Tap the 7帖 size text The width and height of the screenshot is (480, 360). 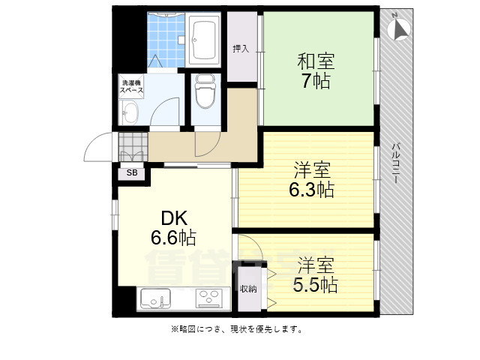(316, 81)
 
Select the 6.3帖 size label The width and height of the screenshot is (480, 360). (311, 190)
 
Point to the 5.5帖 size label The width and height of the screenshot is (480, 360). (315, 285)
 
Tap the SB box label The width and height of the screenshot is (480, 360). (132, 173)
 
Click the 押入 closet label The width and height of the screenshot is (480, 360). (241, 49)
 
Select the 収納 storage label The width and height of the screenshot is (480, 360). (248, 289)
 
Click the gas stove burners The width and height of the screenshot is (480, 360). (207, 299)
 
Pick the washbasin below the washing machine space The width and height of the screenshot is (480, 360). (130, 115)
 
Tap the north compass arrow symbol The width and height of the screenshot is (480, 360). (398, 28)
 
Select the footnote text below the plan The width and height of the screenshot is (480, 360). (238, 329)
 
